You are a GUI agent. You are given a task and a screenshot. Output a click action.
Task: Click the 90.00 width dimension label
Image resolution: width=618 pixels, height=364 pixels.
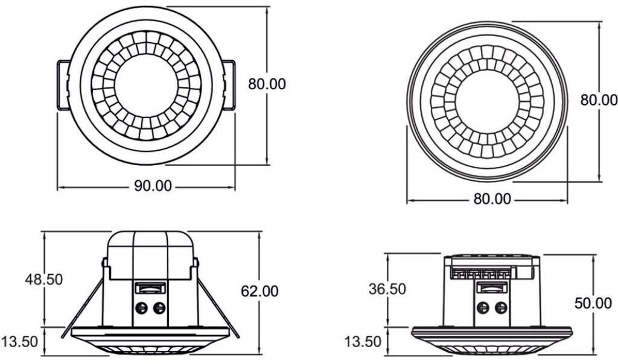coord(153,186)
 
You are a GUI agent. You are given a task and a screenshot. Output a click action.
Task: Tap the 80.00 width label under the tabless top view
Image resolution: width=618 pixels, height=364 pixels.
coord(492,199)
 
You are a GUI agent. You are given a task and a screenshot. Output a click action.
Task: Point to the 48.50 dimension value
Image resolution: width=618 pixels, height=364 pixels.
coord(43,280)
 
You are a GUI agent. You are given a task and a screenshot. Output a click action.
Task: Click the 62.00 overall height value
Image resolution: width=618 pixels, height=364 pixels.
coord(260,292)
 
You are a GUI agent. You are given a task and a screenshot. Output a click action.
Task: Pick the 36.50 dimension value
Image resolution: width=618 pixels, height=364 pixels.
coord(387,289)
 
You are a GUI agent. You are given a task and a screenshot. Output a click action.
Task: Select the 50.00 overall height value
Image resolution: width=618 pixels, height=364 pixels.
coord(593,303)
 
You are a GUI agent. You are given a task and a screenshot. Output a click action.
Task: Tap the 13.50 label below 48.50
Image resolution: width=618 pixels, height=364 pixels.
coord(20,342)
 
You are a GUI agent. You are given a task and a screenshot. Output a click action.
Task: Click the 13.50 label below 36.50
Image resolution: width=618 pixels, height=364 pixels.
coord(363,342)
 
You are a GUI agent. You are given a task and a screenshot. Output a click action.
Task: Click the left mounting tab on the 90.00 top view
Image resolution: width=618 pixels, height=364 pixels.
coord(63,85)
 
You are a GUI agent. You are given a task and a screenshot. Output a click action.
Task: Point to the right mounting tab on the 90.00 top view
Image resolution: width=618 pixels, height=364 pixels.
coord(228,85)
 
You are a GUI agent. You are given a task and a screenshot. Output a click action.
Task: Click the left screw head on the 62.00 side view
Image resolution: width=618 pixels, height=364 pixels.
coord(142,309)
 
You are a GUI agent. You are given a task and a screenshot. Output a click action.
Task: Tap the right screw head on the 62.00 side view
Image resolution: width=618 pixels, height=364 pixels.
coord(159,309)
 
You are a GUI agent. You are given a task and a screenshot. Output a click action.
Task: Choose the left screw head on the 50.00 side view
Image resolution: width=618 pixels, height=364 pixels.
coord(483,309)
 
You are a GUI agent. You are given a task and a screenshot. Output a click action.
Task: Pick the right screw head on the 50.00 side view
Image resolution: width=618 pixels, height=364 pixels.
coord(500,309)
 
